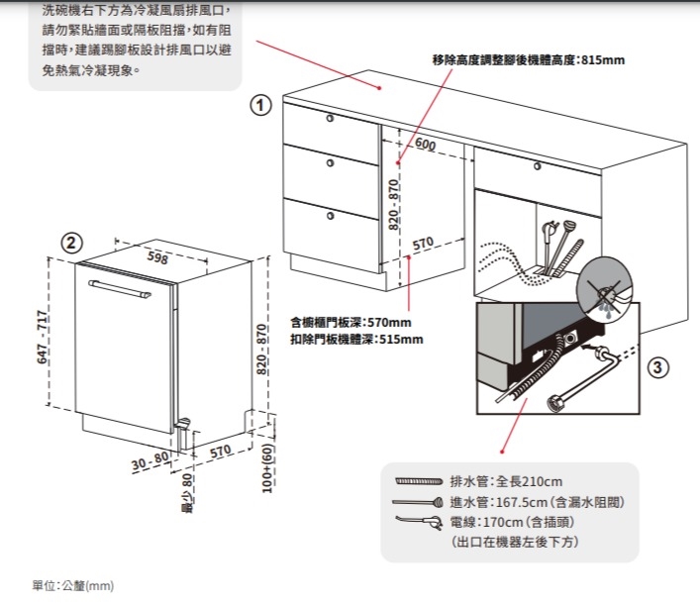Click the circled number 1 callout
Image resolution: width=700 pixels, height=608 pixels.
[x=259, y=105]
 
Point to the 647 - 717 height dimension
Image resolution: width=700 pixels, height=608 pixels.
[x=43, y=336]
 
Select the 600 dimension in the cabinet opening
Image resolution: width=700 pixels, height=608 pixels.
[x=426, y=146]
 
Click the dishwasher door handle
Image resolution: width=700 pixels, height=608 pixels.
[x=119, y=289]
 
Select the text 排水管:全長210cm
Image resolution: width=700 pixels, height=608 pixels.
[x=506, y=481]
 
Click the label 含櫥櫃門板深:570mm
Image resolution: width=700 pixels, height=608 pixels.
[x=350, y=322]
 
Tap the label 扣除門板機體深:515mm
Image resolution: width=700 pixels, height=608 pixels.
[x=356, y=339]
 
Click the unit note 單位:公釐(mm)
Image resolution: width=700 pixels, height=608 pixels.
[x=73, y=586]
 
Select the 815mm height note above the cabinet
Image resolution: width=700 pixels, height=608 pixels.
[x=529, y=60]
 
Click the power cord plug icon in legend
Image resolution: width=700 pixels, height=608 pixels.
[x=418, y=522]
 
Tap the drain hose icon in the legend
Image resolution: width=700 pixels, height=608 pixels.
[x=418, y=481]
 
